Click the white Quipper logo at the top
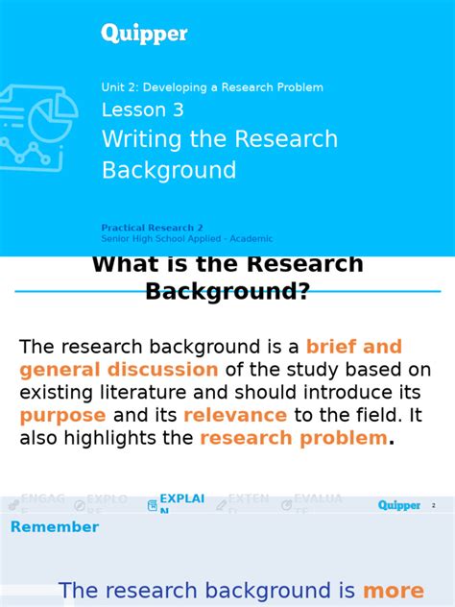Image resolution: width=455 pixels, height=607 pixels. coord(144,34)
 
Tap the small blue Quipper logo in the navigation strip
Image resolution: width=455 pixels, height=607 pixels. coord(398,505)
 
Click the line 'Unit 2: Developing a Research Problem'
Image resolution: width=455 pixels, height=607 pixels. coord(212,87)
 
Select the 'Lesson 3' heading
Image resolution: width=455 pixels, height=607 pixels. coord(142,110)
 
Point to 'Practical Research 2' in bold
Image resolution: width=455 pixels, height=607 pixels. coord(153,229)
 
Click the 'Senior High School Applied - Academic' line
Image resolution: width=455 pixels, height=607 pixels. coord(187,239)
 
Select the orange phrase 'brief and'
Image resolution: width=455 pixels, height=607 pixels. coord(353,347)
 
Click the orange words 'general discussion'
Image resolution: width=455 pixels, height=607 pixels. coord(119,370)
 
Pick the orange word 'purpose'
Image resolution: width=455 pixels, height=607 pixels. coord(62,416)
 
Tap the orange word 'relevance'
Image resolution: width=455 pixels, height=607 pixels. coord(235,416)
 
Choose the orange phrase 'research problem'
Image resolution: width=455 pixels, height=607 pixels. coord(293,439)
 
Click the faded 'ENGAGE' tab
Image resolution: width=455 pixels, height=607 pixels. coord(42,502)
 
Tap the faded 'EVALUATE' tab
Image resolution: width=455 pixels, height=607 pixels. coord(316,503)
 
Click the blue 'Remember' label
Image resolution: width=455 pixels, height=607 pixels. coord(55,527)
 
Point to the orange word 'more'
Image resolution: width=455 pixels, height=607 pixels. coord(394,592)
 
